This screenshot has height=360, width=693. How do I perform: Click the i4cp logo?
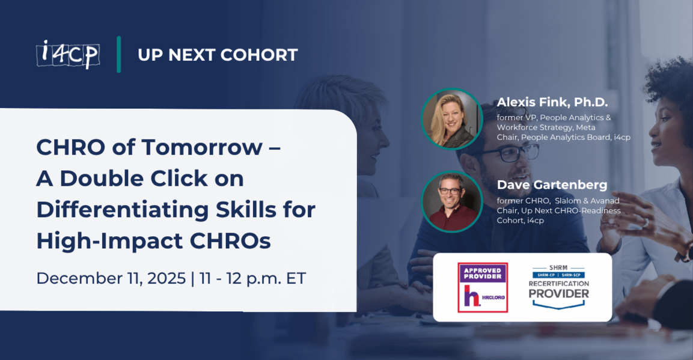(x=67, y=54)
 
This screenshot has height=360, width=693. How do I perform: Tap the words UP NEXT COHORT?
(x=218, y=55)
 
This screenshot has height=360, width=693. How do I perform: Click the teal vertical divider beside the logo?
(x=119, y=54)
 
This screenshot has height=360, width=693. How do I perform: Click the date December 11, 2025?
(x=111, y=278)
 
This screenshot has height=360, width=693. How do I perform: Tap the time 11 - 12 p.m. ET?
(x=252, y=278)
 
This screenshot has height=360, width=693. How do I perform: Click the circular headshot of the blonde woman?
(x=451, y=119)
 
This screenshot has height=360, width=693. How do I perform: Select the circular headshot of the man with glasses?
(x=451, y=201)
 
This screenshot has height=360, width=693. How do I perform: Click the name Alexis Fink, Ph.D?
(x=552, y=102)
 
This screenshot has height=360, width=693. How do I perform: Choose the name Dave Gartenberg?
(x=552, y=185)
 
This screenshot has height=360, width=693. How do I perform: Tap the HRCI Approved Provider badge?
(x=483, y=287)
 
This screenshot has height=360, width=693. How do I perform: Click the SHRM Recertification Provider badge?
(x=558, y=287)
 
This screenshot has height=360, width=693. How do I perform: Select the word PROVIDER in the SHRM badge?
(x=558, y=294)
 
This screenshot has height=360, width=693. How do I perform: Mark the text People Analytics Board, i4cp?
(x=575, y=138)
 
